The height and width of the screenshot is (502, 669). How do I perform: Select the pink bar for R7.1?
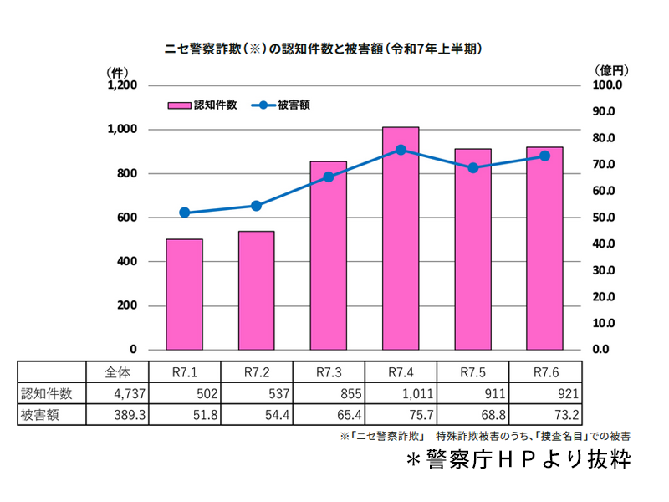184,295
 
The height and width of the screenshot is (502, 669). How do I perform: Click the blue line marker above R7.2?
256,206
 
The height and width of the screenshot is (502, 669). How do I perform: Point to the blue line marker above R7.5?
472,168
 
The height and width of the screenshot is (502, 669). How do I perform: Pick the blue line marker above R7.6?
544,156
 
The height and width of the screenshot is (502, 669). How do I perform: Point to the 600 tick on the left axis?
125,218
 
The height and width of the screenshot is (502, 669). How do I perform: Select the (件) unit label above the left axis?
118,72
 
